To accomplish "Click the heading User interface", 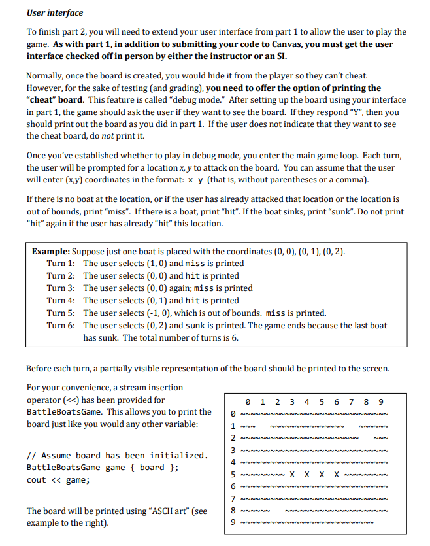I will (55, 13).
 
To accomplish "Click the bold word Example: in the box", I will (51, 252).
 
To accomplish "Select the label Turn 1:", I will (60, 264).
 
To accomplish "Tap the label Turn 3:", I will (60, 288).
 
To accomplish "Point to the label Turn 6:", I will (60, 326).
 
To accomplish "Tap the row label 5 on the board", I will (233, 474).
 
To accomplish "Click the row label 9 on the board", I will (233, 522).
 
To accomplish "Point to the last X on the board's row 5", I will (337, 474).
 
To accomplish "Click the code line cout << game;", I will (58, 480).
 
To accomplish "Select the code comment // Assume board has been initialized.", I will (117, 456).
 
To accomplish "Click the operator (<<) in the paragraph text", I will (74, 400).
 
